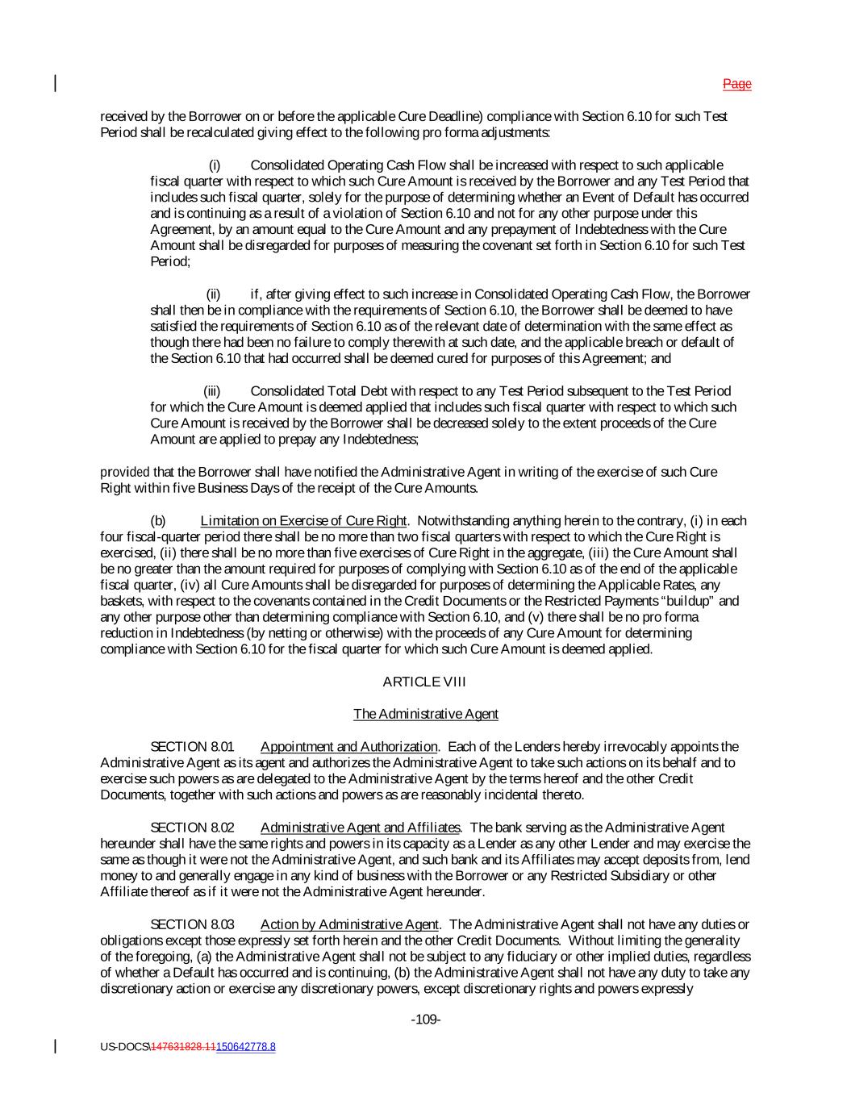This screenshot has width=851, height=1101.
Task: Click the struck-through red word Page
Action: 736,84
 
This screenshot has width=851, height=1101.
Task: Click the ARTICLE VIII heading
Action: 424,682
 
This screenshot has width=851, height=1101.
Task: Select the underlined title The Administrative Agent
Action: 425,714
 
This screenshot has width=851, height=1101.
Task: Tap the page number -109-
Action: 425,1020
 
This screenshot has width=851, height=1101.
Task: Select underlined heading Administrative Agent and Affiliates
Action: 361,827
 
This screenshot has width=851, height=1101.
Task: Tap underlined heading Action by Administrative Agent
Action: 349,924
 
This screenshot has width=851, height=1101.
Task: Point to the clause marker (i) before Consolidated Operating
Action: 215,165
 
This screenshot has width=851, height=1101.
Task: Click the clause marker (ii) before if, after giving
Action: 213,294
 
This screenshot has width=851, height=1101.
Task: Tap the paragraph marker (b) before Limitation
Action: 158,520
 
